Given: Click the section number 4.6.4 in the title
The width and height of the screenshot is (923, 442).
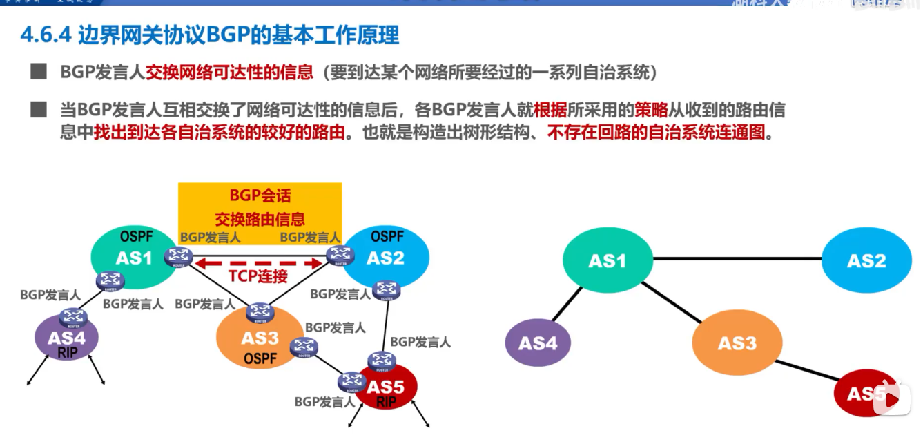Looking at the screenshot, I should click(47, 35).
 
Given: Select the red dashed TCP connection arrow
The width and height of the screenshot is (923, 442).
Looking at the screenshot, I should click(260, 262).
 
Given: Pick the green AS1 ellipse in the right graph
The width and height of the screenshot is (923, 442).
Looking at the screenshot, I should click(608, 261).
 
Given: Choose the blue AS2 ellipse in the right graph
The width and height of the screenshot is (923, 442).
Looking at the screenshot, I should click(866, 261).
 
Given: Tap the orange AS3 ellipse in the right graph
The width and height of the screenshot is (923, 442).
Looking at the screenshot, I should click(737, 343).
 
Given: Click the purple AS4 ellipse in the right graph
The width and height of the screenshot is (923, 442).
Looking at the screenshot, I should click(538, 343).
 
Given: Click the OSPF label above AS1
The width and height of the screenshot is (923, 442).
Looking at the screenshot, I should click(137, 237).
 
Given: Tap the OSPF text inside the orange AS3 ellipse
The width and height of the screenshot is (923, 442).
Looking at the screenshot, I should click(260, 358).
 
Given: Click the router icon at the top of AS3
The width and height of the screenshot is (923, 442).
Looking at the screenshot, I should click(260, 311).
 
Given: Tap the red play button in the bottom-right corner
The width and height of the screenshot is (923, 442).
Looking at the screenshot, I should click(891, 399).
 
